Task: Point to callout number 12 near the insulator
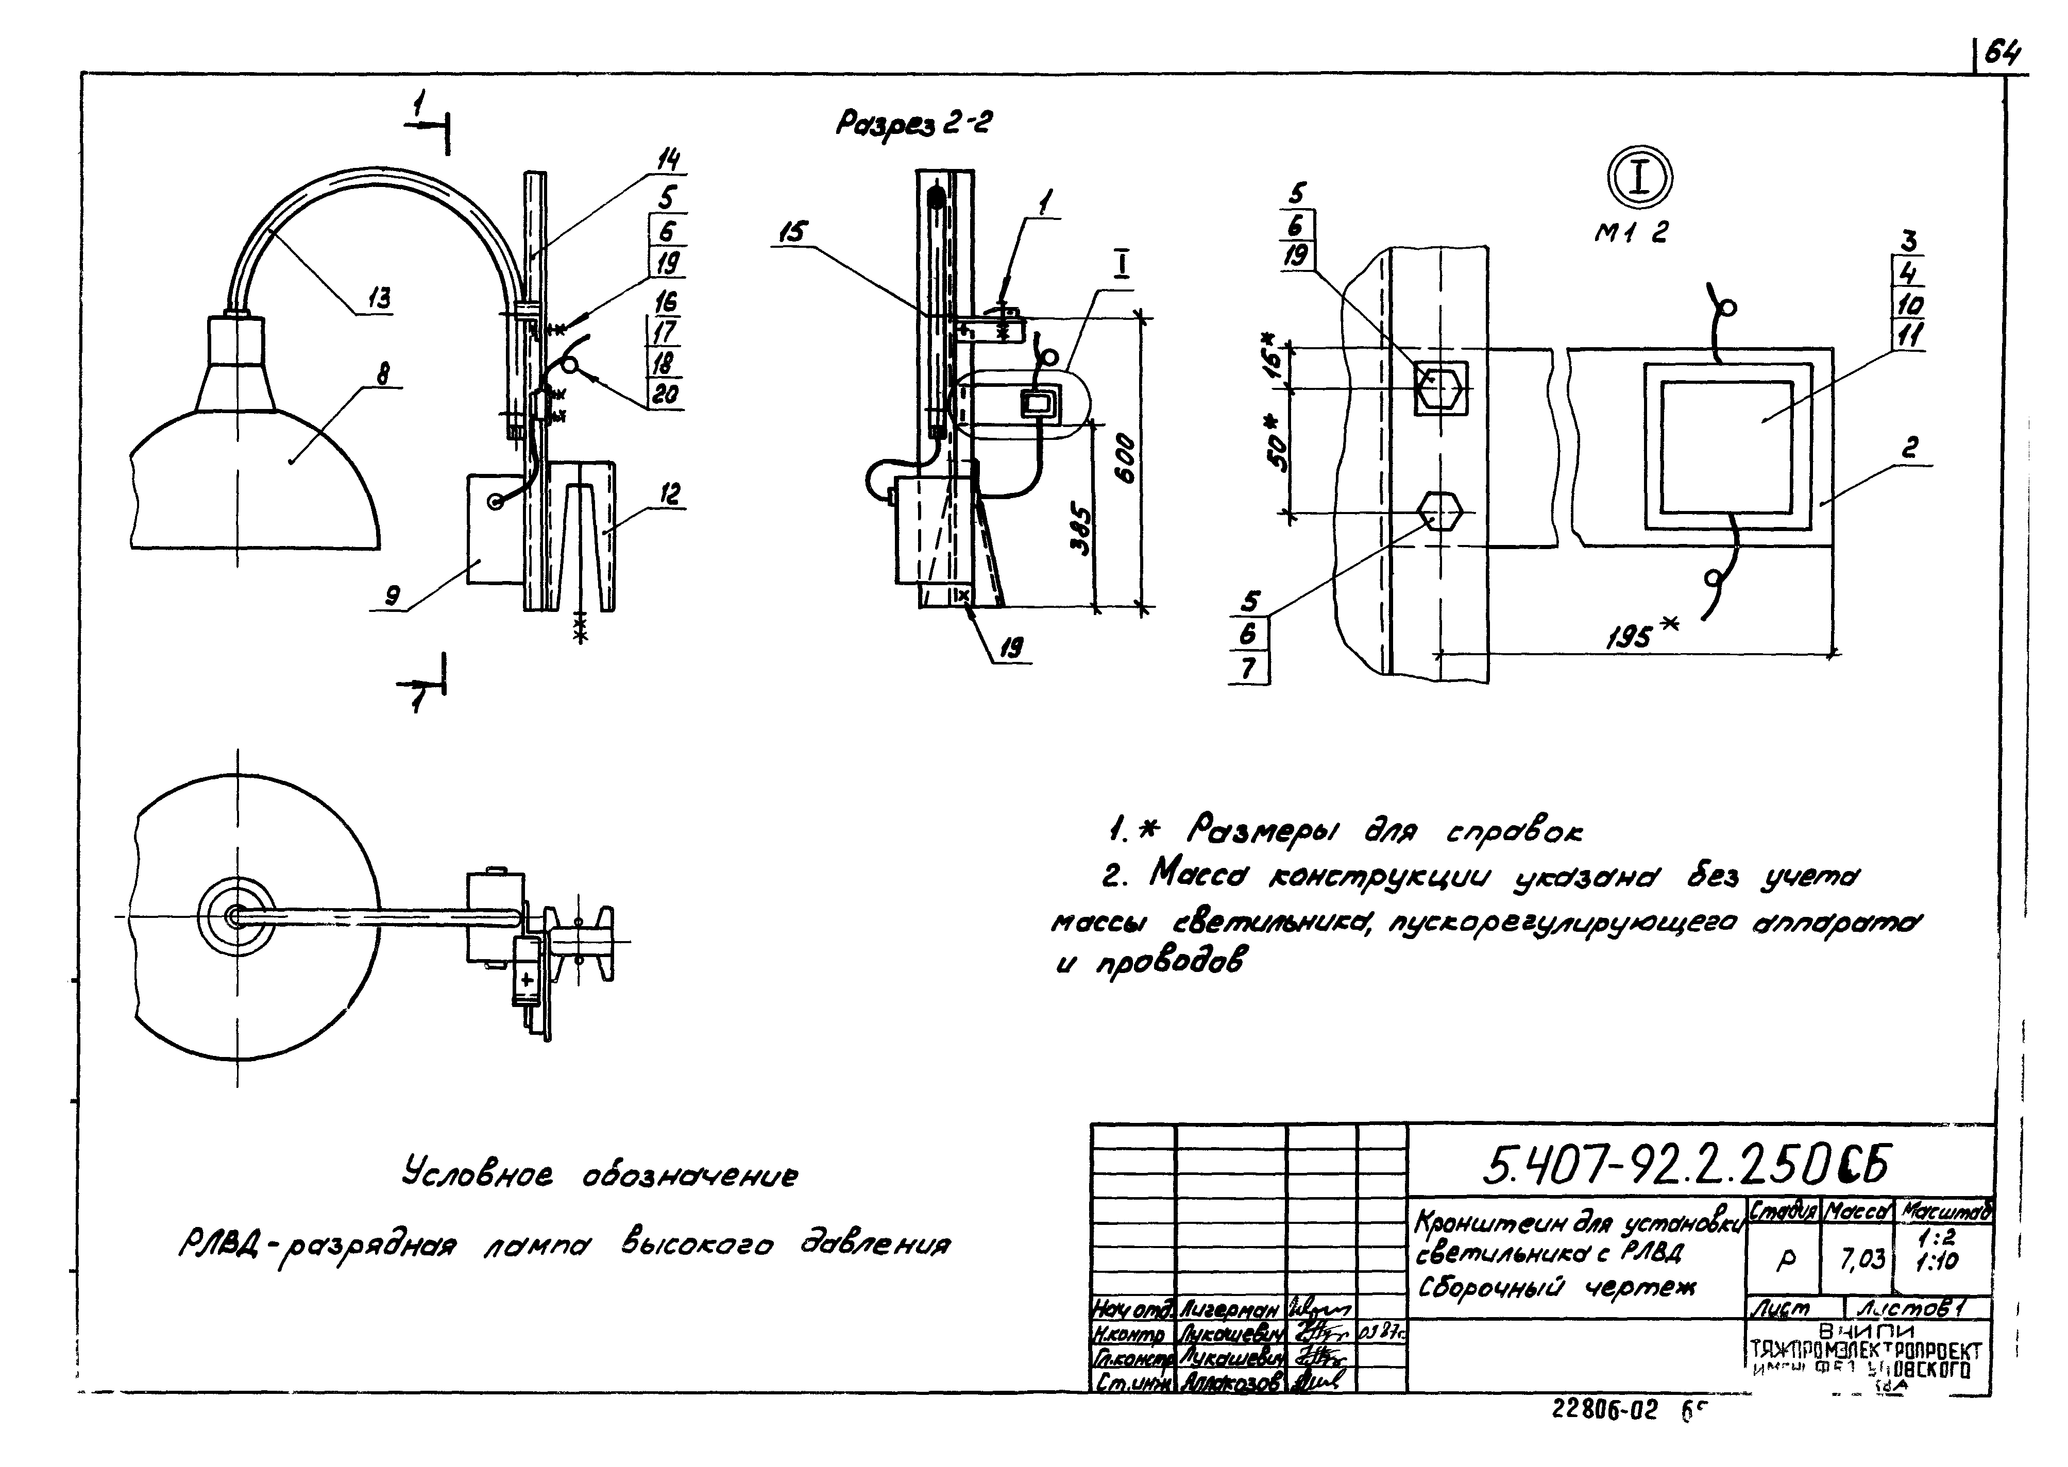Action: click(670, 494)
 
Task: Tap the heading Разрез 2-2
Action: click(912, 124)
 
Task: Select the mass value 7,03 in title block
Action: click(1864, 1257)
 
